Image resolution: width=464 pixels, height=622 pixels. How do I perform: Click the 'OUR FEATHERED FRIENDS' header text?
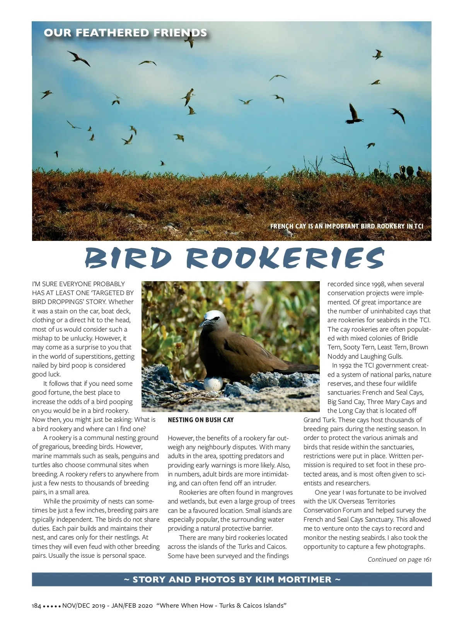[x=125, y=33]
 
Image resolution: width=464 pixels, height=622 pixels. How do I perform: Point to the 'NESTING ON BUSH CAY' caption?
[x=201, y=420]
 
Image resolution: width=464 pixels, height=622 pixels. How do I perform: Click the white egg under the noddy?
[x=213, y=384]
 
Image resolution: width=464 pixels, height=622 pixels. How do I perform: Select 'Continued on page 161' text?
[x=399, y=559]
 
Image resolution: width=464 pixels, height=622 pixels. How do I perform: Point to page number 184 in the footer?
[x=36, y=606]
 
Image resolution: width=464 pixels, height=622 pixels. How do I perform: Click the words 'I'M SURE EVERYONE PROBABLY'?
[x=78, y=284]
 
